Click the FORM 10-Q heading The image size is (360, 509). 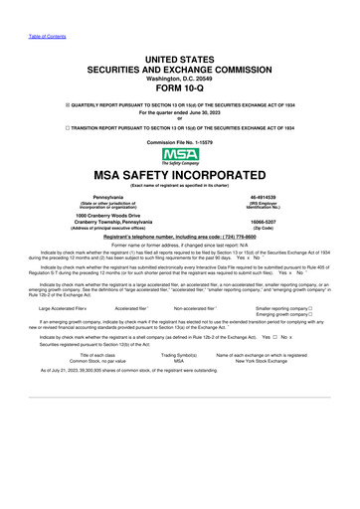coord(179,86)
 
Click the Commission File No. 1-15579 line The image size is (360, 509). coord(179,143)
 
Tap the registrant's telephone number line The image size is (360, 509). coord(179,238)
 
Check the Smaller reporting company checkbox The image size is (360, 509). coord(311,309)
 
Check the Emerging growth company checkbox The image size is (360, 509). coord(311,315)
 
